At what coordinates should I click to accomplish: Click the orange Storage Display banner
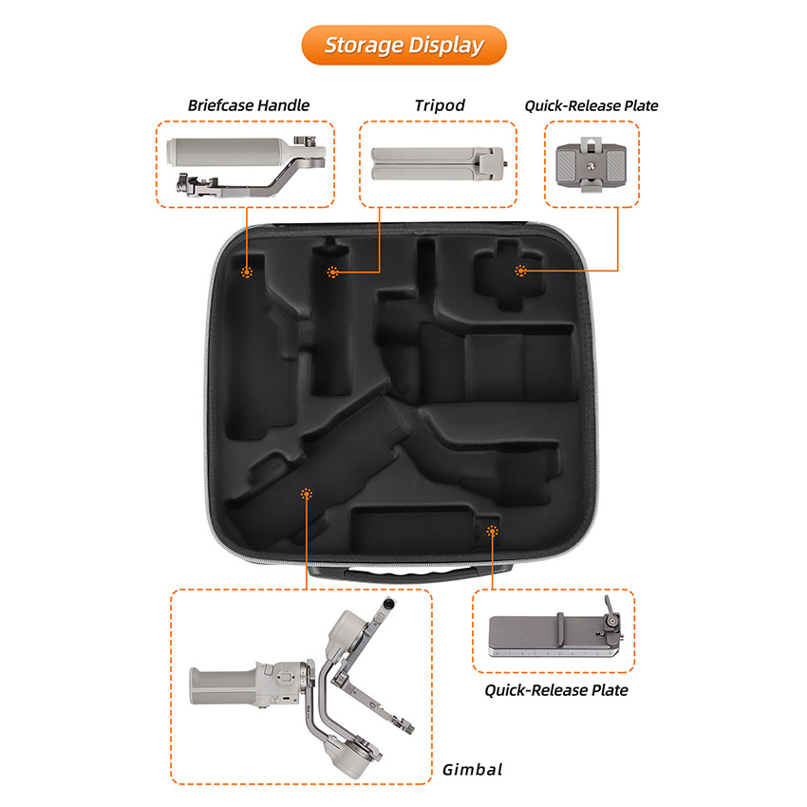pyautogui.click(x=404, y=46)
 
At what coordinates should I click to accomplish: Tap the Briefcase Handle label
pyautogui.click(x=249, y=105)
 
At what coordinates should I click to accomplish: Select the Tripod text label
pyautogui.click(x=440, y=105)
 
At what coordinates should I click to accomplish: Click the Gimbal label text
pyautogui.click(x=472, y=770)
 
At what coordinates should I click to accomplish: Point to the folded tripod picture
pyautogui.click(x=438, y=163)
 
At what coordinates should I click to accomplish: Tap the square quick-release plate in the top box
pyautogui.click(x=591, y=164)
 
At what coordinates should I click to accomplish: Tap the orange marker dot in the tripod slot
pyautogui.click(x=333, y=272)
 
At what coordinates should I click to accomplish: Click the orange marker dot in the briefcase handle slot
pyautogui.click(x=247, y=272)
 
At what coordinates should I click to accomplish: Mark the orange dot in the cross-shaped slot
pyautogui.click(x=521, y=271)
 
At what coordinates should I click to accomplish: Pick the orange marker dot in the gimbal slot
pyautogui.click(x=307, y=494)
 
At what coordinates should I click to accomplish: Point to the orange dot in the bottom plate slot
pyautogui.click(x=493, y=531)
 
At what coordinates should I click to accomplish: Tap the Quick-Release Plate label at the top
pyautogui.click(x=591, y=106)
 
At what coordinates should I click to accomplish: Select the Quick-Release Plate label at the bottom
pyautogui.click(x=556, y=690)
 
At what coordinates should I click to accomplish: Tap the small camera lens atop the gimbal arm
pyautogui.click(x=389, y=603)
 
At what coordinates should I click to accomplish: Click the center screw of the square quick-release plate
pyautogui.click(x=591, y=166)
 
